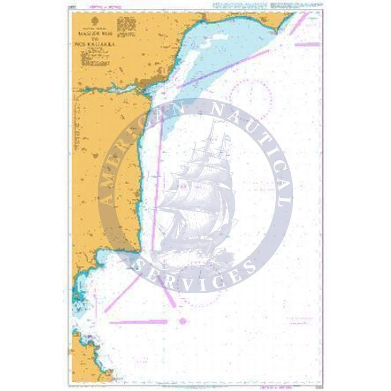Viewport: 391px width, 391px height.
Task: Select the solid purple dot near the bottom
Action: (182, 321)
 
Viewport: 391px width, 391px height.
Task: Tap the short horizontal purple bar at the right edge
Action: (307, 43)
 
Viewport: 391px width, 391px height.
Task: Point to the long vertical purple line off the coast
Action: (157, 187)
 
